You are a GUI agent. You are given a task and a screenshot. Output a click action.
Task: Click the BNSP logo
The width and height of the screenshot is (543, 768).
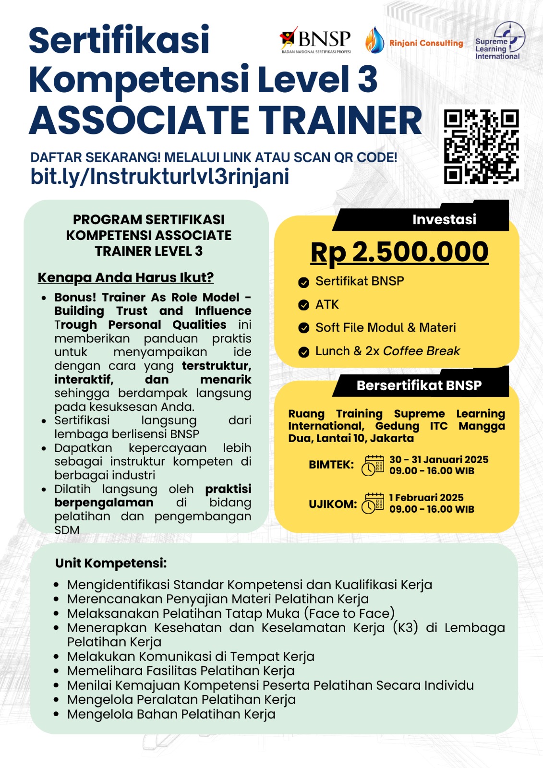point(315,40)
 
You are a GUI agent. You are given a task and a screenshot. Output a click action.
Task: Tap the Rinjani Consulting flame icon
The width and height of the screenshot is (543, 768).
point(374,40)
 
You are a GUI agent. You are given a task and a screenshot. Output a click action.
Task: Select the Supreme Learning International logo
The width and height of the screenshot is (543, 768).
point(499,41)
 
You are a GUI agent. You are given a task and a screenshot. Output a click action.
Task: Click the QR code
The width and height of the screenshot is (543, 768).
point(481,146)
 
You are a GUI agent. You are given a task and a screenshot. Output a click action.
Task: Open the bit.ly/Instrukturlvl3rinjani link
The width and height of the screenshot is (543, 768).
point(160,177)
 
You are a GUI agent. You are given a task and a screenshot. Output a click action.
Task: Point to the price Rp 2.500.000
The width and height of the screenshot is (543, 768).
point(399,252)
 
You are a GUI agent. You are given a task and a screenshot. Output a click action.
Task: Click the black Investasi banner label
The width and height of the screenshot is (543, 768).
point(444,220)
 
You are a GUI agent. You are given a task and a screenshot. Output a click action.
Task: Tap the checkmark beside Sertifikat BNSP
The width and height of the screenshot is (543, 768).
point(303,282)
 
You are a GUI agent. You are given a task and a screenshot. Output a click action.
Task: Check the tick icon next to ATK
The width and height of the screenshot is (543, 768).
point(303,305)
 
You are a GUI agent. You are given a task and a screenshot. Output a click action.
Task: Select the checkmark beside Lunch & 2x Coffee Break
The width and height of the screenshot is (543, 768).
point(303,352)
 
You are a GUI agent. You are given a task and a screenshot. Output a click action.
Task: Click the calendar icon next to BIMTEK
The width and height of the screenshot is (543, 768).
point(373,466)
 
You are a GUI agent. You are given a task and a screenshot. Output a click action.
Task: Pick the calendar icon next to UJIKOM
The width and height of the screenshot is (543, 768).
point(373,504)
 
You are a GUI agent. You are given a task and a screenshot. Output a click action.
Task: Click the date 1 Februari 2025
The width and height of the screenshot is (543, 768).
point(426,498)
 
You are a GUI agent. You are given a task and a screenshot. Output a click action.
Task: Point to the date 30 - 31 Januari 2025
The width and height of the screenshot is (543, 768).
point(439,460)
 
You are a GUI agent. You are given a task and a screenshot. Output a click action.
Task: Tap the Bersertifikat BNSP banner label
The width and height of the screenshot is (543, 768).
point(419,385)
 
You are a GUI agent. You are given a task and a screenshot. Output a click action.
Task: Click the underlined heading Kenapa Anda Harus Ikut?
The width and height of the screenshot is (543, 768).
point(125,277)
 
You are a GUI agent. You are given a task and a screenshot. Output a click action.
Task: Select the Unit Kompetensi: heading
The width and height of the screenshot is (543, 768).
point(111,563)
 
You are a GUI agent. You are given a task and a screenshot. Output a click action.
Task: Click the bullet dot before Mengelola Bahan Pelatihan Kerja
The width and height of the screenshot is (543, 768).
point(57,714)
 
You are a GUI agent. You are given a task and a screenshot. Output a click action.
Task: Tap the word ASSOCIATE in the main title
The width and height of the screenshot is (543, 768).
point(139,120)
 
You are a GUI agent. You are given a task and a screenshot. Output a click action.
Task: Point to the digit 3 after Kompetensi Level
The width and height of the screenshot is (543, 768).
point(367,80)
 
